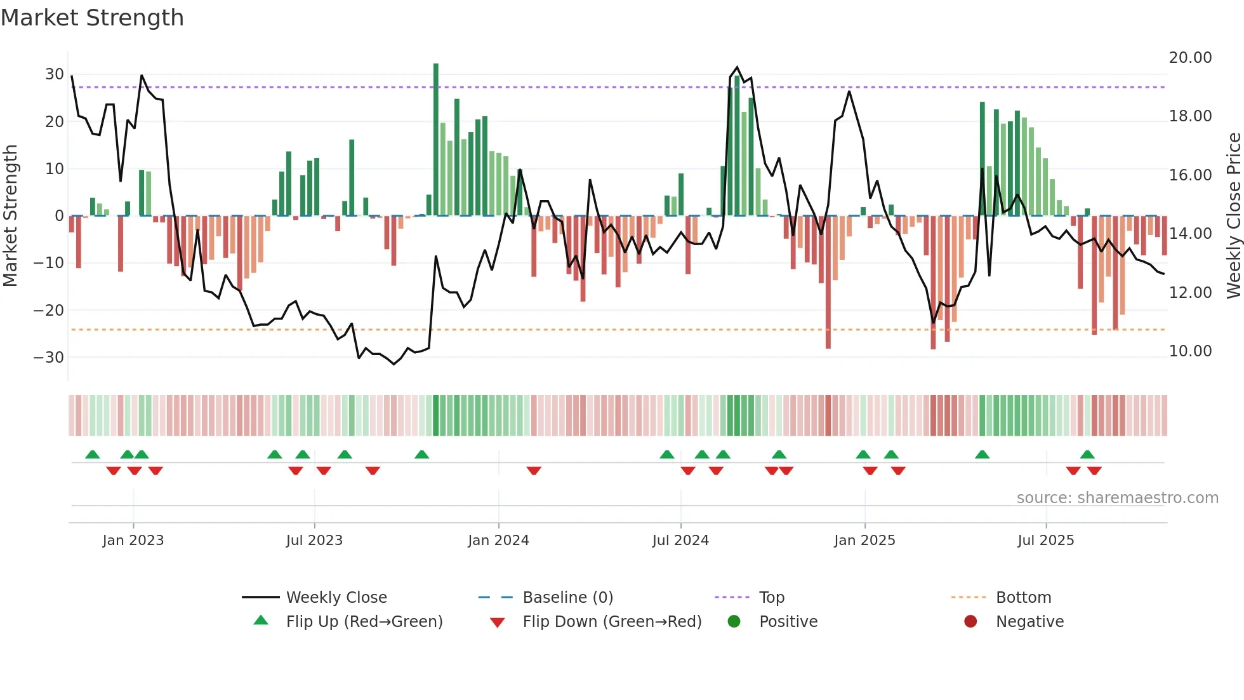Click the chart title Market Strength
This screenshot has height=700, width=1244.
(92, 18)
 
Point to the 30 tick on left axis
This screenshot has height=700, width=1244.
(55, 74)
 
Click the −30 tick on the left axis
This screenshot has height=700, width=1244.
(50, 358)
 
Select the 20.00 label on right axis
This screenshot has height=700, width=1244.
(1190, 58)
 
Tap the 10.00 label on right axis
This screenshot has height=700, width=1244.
(1190, 351)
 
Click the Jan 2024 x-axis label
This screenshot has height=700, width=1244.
(498, 541)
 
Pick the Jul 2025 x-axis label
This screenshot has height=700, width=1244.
(1045, 541)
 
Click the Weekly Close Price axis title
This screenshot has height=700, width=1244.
(1233, 216)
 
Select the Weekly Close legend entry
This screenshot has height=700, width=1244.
(336, 598)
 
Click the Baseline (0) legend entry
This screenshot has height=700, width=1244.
(567, 598)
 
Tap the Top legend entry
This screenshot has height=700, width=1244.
(771, 598)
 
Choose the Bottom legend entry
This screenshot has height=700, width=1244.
(1023, 598)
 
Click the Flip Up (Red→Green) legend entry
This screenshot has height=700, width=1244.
(364, 622)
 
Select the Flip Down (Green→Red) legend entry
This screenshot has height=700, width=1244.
(611, 622)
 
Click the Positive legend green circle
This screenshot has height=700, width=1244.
(734, 621)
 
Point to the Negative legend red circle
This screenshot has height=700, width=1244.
(970, 621)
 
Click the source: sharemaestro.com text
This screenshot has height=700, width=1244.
(1117, 498)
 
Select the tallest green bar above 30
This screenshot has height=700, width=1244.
(436, 140)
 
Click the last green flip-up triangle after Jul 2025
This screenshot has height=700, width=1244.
(1087, 455)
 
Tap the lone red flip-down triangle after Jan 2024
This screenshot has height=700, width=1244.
(534, 471)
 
